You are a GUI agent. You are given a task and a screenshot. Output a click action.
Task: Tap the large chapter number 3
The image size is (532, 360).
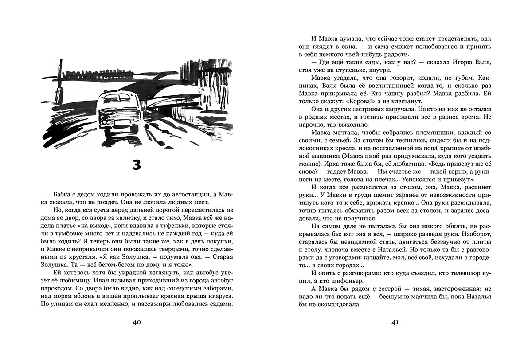tap(137, 164)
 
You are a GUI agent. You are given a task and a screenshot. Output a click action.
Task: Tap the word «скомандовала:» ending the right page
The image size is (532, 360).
tap(336, 305)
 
